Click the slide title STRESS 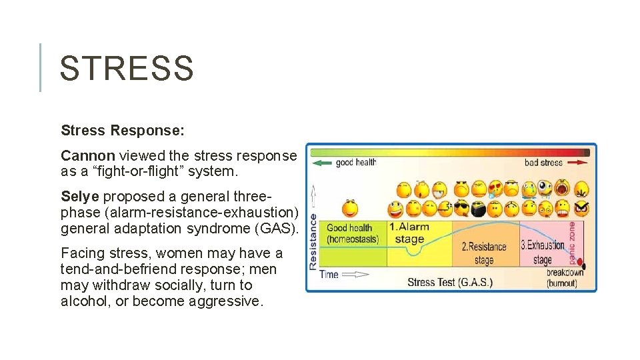pyautogui.click(x=127, y=68)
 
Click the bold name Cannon pyautogui.click(x=87, y=155)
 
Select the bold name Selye pyautogui.click(x=80, y=197)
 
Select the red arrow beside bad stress pyautogui.click(x=577, y=162)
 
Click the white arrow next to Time pyautogui.click(x=356, y=274)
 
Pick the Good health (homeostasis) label pyautogui.click(x=353, y=233)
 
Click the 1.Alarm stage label pyautogui.click(x=409, y=233)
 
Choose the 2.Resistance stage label pyautogui.click(x=484, y=253)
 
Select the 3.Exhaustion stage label pyautogui.click(x=542, y=251)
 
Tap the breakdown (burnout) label pyautogui.click(x=565, y=277)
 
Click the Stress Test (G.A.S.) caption pyautogui.click(x=450, y=282)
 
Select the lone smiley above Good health pyautogui.click(x=350, y=208)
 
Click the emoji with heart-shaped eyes pyautogui.click(x=495, y=189)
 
